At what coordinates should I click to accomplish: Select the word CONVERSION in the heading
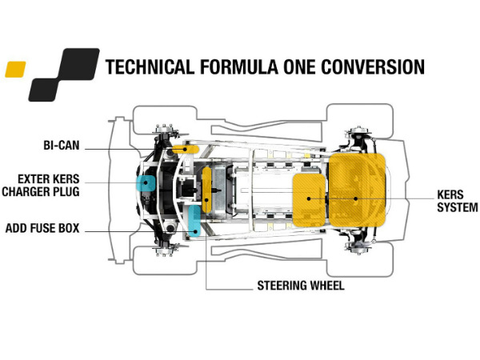[x=371, y=66]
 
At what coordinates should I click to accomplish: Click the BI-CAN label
[x=65, y=146]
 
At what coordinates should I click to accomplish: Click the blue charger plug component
[x=146, y=183]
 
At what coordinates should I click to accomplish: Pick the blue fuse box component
[x=194, y=220]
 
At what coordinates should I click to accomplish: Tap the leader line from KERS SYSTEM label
[x=392, y=198]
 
